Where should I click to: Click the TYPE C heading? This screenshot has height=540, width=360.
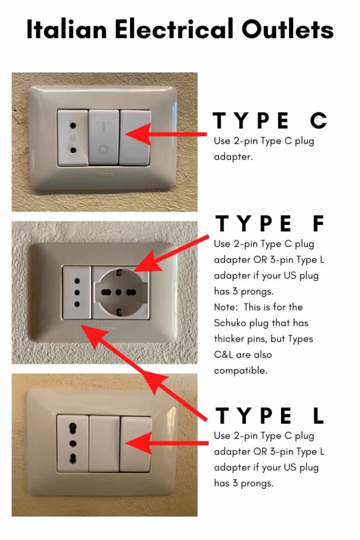(x=270, y=121)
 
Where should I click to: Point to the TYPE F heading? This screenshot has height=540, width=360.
(x=270, y=224)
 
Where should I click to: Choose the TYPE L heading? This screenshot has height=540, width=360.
(x=270, y=416)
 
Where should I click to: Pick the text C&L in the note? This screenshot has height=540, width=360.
(x=226, y=355)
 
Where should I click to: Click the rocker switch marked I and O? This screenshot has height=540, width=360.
(x=104, y=137)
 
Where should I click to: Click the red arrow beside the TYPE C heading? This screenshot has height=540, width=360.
(x=166, y=135)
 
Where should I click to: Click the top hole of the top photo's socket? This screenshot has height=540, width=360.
(x=73, y=126)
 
